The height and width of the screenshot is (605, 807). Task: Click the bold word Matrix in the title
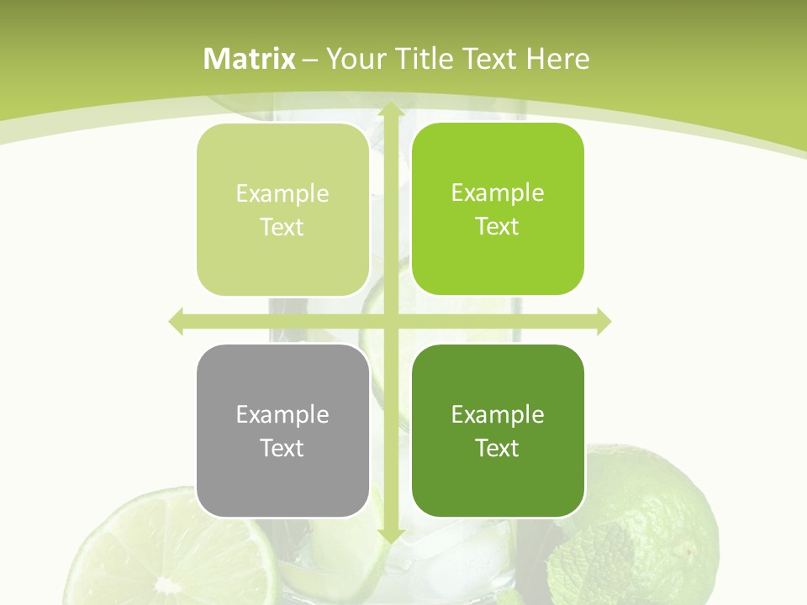(x=250, y=59)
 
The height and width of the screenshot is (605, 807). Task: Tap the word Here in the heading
(x=557, y=59)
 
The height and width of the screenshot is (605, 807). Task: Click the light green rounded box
(x=282, y=210)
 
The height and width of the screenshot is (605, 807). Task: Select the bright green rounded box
(x=498, y=209)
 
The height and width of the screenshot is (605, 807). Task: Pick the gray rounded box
(x=282, y=430)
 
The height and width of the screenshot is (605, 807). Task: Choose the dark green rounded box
(x=498, y=430)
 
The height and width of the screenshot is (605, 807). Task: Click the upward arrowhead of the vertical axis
(x=390, y=110)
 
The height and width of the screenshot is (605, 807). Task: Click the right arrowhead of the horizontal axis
(x=604, y=321)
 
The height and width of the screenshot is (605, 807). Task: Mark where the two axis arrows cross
(x=390, y=321)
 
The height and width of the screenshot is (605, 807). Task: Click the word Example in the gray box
(x=282, y=414)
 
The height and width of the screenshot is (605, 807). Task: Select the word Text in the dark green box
(x=498, y=448)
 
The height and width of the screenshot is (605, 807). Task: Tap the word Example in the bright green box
(x=498, y=192)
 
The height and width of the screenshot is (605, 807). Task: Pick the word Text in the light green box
(x=282, y=228)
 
